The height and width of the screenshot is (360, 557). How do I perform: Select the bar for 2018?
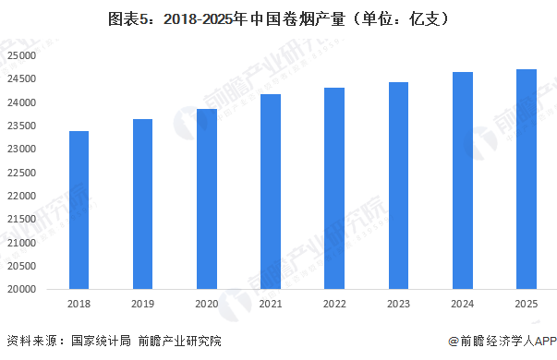[79, 210]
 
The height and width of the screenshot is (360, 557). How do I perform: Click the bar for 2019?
[142, 204]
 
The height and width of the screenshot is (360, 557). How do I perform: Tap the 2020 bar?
[206, 198]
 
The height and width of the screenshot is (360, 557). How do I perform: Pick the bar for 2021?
[270, 191]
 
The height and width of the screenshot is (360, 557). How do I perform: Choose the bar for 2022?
[333, 188]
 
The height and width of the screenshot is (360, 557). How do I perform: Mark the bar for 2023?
[397, 186]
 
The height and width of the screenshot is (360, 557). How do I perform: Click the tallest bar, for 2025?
[526, 179]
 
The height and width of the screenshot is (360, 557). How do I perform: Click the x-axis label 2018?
[79, 303]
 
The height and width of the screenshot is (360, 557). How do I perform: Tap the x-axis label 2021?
[270, 303]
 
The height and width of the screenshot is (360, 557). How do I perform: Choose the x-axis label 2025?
[526, 303]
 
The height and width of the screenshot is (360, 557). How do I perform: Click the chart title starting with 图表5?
[278, 18]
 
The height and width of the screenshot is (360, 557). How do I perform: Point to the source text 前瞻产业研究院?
[182, 341]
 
